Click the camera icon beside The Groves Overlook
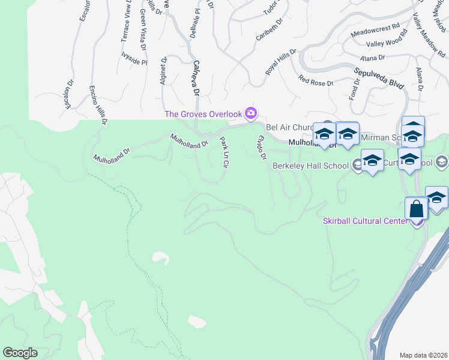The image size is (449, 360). click(251, 113)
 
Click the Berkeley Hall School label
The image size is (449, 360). click(311, 166)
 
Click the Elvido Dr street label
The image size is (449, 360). click(261, 148)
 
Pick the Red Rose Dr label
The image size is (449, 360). click(316, 80)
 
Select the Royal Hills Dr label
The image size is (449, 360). click(281, 62)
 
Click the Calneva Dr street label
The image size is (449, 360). click(196, 79)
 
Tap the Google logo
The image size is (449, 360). click(20, 353)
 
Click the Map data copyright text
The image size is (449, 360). click(423, 355)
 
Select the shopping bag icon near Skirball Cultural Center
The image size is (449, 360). click(416, 209)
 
